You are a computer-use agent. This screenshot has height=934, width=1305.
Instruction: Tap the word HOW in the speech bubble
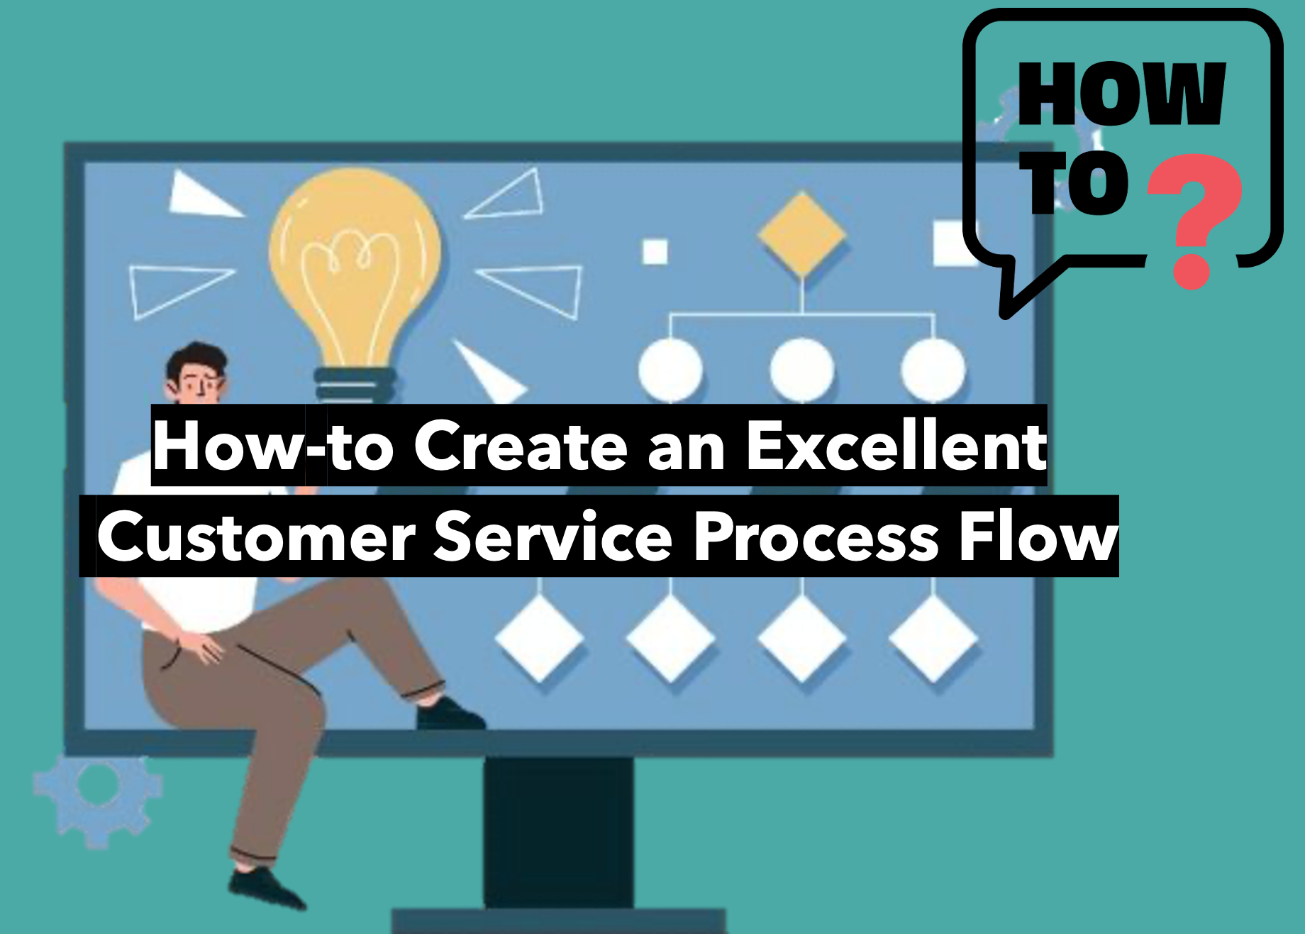pos(1122,94)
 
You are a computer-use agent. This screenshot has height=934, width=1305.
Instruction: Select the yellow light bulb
pos(355,284)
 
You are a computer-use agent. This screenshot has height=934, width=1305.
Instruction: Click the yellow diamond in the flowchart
pos(801,234)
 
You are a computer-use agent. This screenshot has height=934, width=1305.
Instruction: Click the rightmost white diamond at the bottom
pos(933,637)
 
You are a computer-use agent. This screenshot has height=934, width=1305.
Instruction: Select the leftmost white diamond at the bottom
pos(540,637)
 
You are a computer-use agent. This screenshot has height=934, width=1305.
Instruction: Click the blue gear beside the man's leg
pos(98,801)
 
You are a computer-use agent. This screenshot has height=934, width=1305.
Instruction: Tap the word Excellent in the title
pos(896,446)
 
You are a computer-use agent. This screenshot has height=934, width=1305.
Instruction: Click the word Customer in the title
pos(256,537)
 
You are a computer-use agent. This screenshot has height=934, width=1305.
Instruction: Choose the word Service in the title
pos(553,537)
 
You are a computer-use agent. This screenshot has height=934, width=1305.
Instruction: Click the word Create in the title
pos(521,446)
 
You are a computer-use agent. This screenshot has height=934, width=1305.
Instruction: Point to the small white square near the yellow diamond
pos(655,251)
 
